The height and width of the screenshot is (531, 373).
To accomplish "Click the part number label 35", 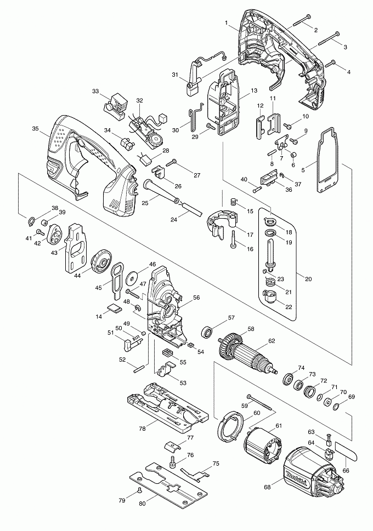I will tap(35, 129).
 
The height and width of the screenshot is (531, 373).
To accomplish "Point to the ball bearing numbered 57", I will tap(208, 332).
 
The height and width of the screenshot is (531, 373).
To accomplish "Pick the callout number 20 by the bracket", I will tap(308, 279).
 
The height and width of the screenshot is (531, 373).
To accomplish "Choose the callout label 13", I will tap(254, 90).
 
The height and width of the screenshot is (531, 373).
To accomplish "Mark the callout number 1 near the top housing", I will tap(226, 22).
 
